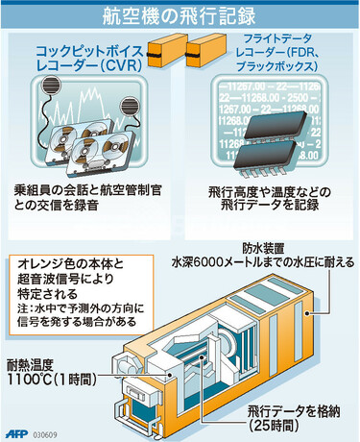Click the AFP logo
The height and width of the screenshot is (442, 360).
click(x=16, y=430)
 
